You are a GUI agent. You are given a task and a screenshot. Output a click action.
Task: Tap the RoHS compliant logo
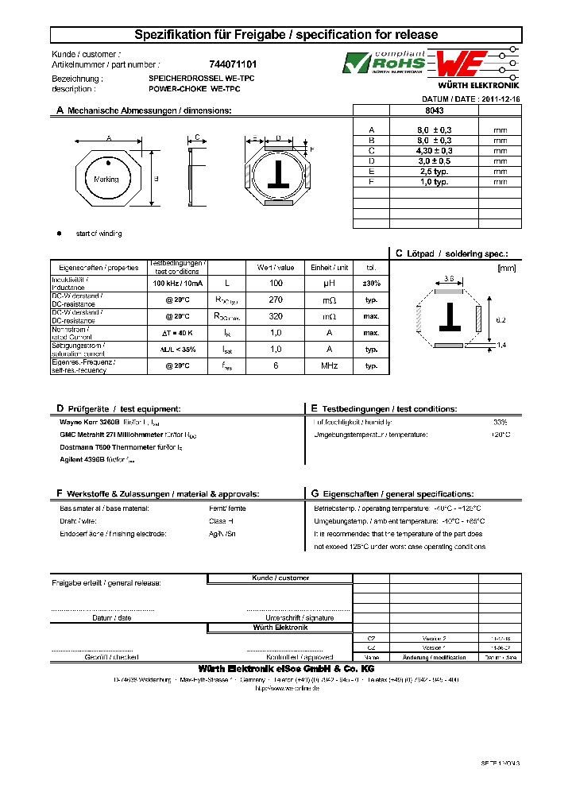tap(385, 62)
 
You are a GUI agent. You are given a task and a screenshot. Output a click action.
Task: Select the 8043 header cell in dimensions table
tap(435, 111)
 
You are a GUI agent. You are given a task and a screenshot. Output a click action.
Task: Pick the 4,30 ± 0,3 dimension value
tap(435, 150)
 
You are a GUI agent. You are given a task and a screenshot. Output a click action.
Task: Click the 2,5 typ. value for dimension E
tap(435, 171)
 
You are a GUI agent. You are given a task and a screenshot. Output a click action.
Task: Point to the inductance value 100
tap(276, 283)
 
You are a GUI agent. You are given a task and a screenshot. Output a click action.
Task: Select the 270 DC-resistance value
tap(276, 300)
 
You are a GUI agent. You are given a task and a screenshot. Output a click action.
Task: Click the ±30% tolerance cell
tap(371, 283)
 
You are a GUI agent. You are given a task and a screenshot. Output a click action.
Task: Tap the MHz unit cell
tap(329, 366)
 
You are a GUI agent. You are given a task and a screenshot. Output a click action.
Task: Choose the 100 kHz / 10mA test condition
tap(177, 283)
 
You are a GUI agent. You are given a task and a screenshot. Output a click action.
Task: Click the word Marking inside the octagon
tap(106, 180)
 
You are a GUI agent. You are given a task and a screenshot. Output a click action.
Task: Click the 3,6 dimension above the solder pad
tap(449, 279)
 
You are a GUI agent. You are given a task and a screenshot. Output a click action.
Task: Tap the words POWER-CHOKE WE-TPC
tap(194, 88)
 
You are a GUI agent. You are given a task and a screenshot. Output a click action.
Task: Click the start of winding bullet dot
tap(59, 234)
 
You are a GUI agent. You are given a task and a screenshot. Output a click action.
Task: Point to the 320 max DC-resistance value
tap(276, 316)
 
